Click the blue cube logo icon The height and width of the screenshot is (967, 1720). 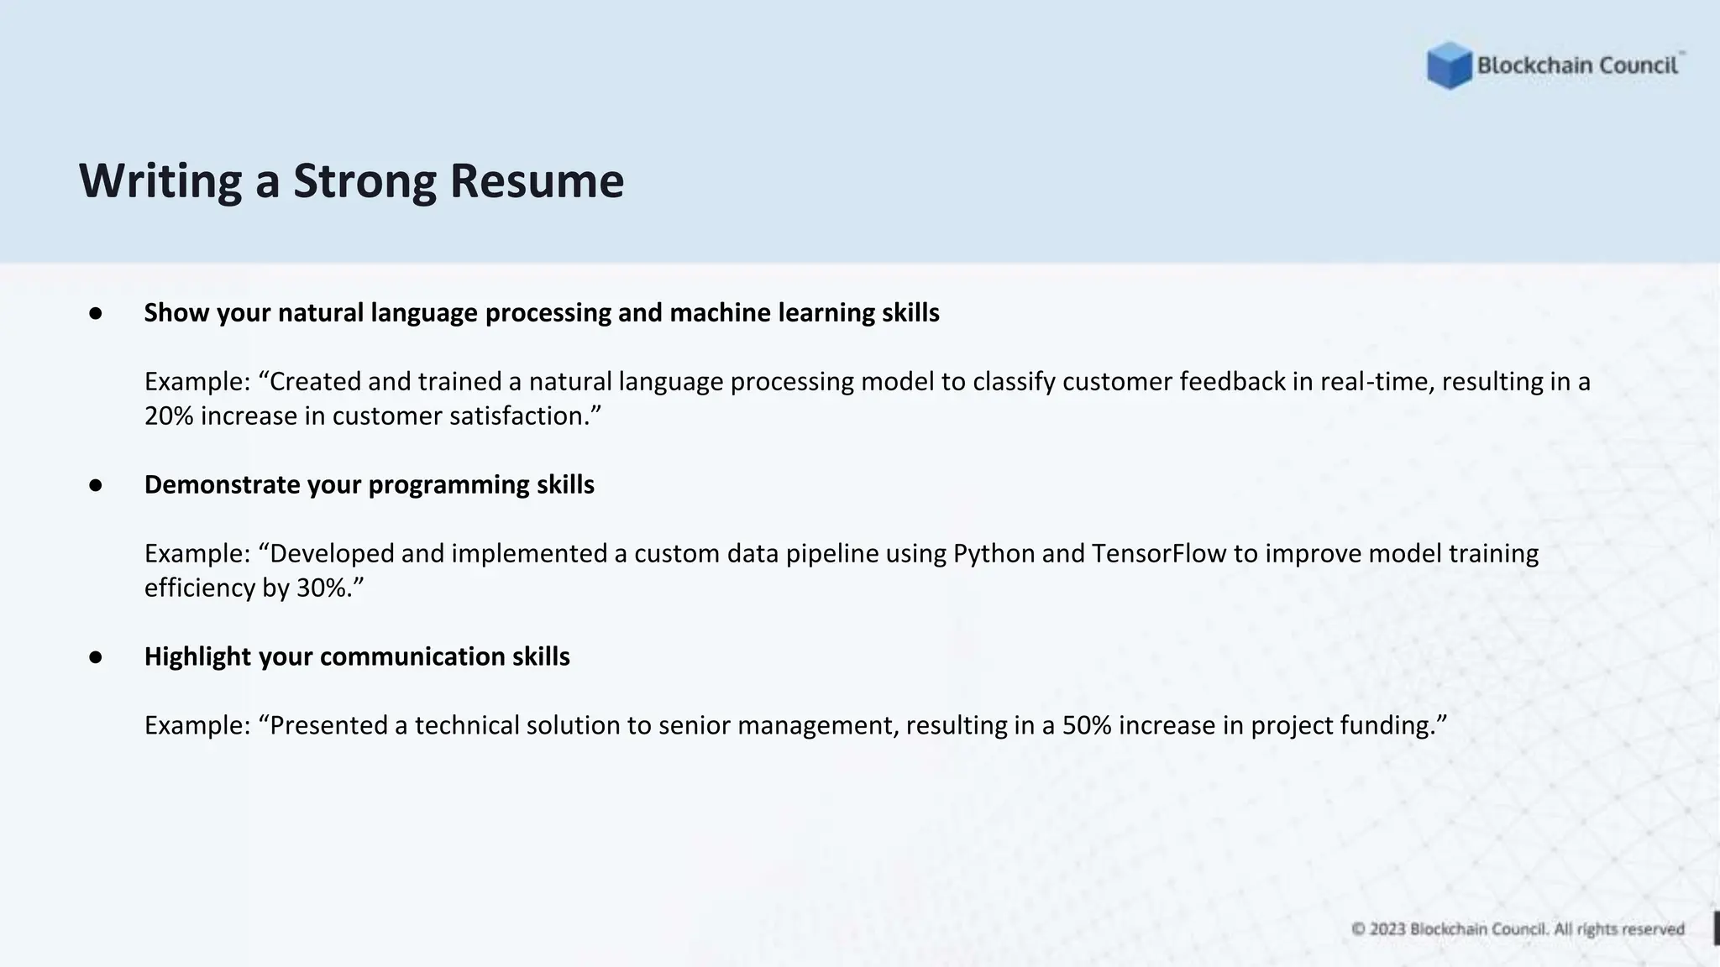pyautogui.click(x=1449, y=65)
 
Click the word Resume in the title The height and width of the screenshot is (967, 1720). pyautogui.click(x=537, y=180)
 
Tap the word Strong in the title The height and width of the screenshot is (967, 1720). pyautogui.click(x=364, y=180)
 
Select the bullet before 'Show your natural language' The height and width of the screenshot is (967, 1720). pyautogui.click(x=96, y=313)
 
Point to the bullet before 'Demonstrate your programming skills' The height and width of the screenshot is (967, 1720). pyautogui.click(x=96, y=485)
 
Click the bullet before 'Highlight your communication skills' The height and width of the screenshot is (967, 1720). pyautogui.click(x=96, y=657)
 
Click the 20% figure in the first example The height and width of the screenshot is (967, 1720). pyautogui.click(x=169, y=416)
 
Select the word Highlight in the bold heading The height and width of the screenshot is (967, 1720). pyautogui.click(x=197, y=656)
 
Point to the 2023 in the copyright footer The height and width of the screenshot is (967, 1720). pyautogui.click(x=1387, y=929)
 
